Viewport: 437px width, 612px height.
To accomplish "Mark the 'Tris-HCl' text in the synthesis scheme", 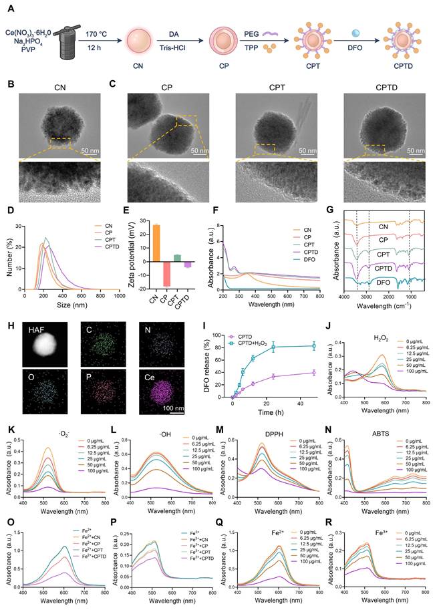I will point(168,47).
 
